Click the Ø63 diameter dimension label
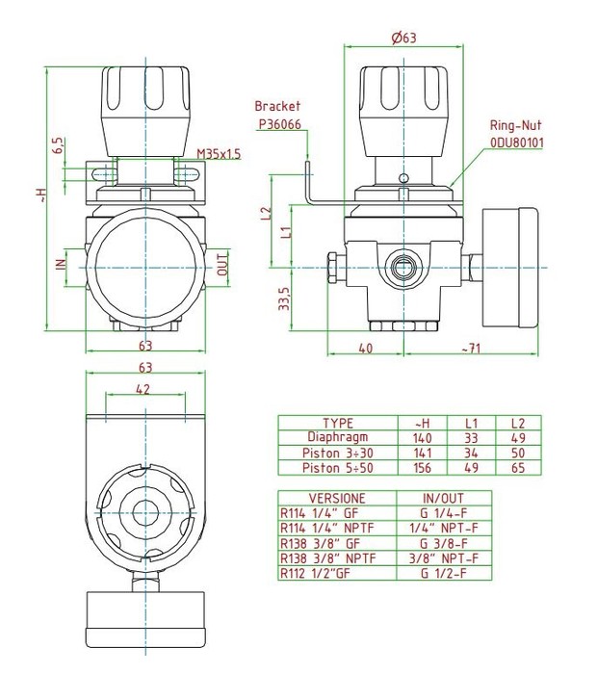[x=404, y=39]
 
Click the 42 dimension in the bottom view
[x=143, y=389]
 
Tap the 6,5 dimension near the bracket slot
[x=58, y=145]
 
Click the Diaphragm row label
[x=338, y=437]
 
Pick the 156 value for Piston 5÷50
[x=422, y=467]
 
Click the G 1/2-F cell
[x=444, y=571]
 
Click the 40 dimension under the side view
[x=366, y=348]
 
